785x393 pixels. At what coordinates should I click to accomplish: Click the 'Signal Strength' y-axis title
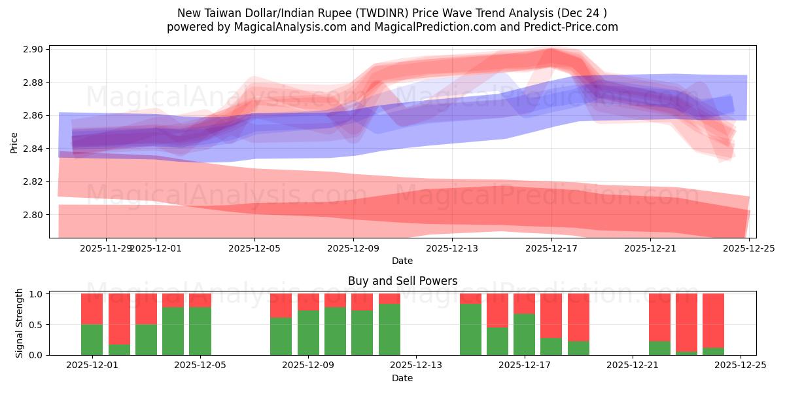(x=20, y=323)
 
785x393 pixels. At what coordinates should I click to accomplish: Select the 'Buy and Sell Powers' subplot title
(x=402, y=281)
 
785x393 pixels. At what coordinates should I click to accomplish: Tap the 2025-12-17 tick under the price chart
(x=551, y=248)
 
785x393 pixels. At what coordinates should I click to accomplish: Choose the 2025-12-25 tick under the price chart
(x=749, y=248)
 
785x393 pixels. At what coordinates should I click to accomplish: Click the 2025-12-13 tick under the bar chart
(x=416, y=365)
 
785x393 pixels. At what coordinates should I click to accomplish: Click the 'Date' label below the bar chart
(x=402, y=378)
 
